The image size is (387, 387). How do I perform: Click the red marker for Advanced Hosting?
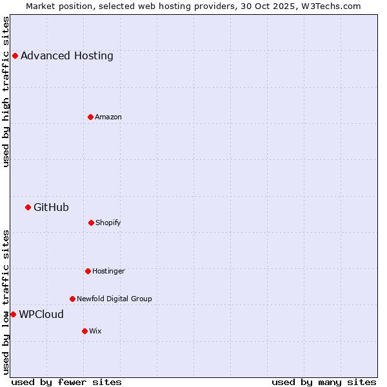point(15,55)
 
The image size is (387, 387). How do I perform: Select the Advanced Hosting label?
point(67,55)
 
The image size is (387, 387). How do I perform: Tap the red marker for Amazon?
point(90,117)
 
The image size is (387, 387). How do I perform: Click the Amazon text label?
point(108,117)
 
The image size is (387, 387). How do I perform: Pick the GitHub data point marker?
point(28,207)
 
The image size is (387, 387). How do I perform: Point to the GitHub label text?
point(51,207)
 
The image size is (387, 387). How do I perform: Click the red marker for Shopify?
point(91,223)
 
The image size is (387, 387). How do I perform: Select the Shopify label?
point(108,223)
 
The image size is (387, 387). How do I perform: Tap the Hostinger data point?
point(88,271)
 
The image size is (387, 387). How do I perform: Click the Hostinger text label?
point(108,271)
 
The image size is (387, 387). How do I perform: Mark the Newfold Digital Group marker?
point(72,299)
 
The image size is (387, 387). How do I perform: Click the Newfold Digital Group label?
point(114,299)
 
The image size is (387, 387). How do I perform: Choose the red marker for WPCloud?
point(13,314)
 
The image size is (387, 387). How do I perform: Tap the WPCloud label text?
point(41,314)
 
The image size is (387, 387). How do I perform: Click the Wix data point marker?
point(84,331)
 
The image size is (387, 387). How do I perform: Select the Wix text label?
point(95,331)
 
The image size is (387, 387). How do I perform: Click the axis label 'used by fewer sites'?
point(66,382)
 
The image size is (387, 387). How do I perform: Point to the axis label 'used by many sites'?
point(324,382)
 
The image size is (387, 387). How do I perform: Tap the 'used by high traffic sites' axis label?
point(6,92)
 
